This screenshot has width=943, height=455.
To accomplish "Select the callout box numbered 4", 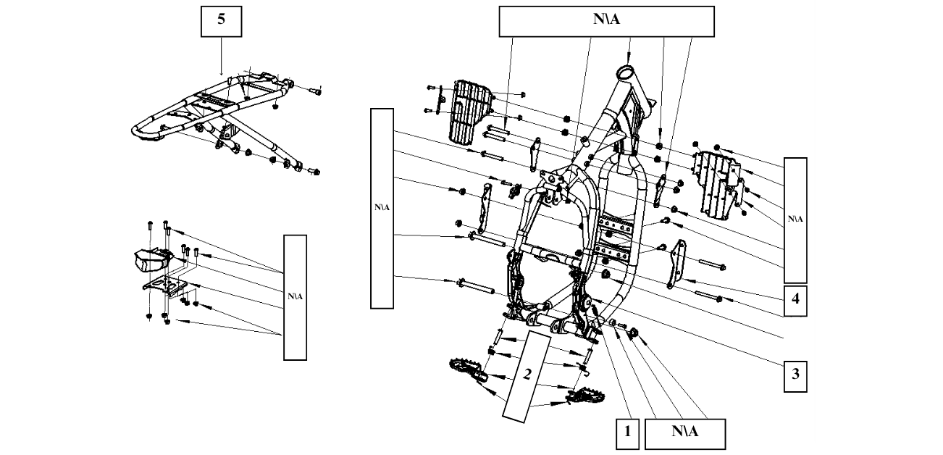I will click(795, 300).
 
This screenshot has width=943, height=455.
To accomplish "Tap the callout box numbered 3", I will click(795, 375).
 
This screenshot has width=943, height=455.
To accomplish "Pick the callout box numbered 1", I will click(627, 433).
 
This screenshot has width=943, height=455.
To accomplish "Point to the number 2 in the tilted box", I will click(528, 375).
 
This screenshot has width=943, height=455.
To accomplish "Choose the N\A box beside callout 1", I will click(684, 433).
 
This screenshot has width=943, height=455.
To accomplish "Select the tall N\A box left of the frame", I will click(382, 207).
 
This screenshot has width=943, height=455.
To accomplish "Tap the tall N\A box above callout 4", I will click(795, 219).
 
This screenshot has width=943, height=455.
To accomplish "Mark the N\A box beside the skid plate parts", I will click(295, 297).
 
